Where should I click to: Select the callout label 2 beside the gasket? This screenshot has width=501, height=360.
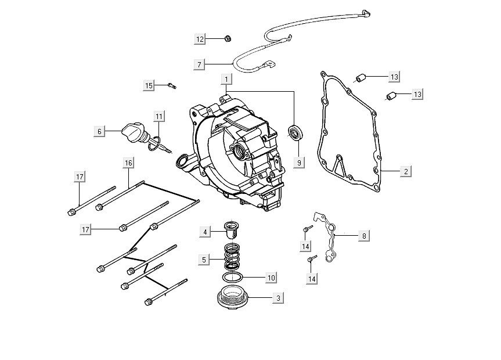tap(405, 171)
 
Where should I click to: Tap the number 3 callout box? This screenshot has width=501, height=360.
tap(278, 298)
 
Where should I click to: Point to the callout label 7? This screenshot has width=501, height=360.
tap(199, 63)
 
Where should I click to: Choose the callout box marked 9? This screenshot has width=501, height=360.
tap(299, 163)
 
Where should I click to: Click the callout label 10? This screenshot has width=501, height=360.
tap(270, 278)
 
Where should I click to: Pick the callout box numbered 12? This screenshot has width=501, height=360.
tap(200, 39)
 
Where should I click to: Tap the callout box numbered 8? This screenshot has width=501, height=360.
tap(364, 235)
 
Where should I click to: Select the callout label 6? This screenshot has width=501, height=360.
tap(99, 132)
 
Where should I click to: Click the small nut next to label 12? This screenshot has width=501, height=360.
tap(228, 39)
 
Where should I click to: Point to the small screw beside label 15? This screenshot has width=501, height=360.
tap(172, 86)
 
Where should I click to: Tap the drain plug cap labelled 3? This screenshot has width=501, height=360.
tap(232, 298)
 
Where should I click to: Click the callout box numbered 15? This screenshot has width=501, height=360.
tap(149, 86)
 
